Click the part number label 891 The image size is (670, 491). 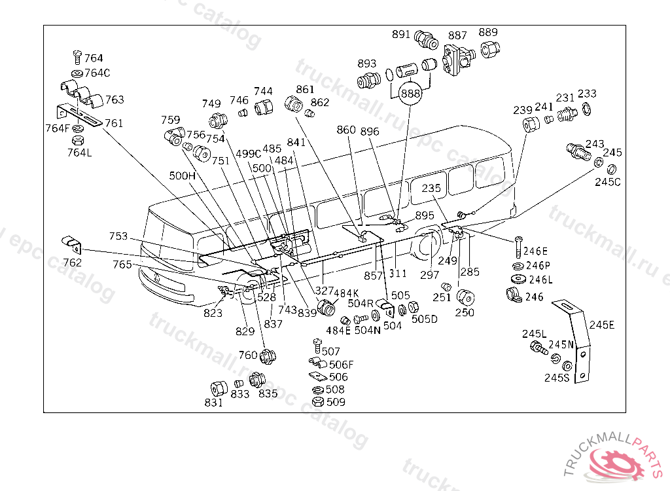[x=401, y=35]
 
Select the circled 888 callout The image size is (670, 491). [x=410, y=94]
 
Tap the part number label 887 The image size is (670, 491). [x=457, y=35]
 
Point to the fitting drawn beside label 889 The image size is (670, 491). [x=489, y=49]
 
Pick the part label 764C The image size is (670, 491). [x=97, y=73]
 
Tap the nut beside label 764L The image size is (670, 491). [x=77, y=139]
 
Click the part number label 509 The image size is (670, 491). [x=336, y=402]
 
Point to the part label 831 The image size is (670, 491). [x=214, y=403]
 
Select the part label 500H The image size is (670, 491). [x=183, y=175]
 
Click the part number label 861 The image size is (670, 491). [x=306, y=90]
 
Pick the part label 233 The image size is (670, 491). [x=587, y=94]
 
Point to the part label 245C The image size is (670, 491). [x=607, y=181]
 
